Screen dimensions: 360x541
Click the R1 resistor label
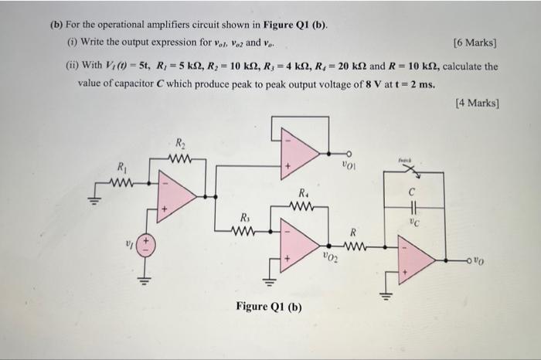(121, 167)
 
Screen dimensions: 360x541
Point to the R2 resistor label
(180, 143)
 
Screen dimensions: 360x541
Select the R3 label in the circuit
(246, 216)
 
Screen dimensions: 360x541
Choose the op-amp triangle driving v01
(297, 151)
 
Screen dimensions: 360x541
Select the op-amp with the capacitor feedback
(415, 260)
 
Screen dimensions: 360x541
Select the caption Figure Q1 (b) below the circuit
(269, 307)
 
